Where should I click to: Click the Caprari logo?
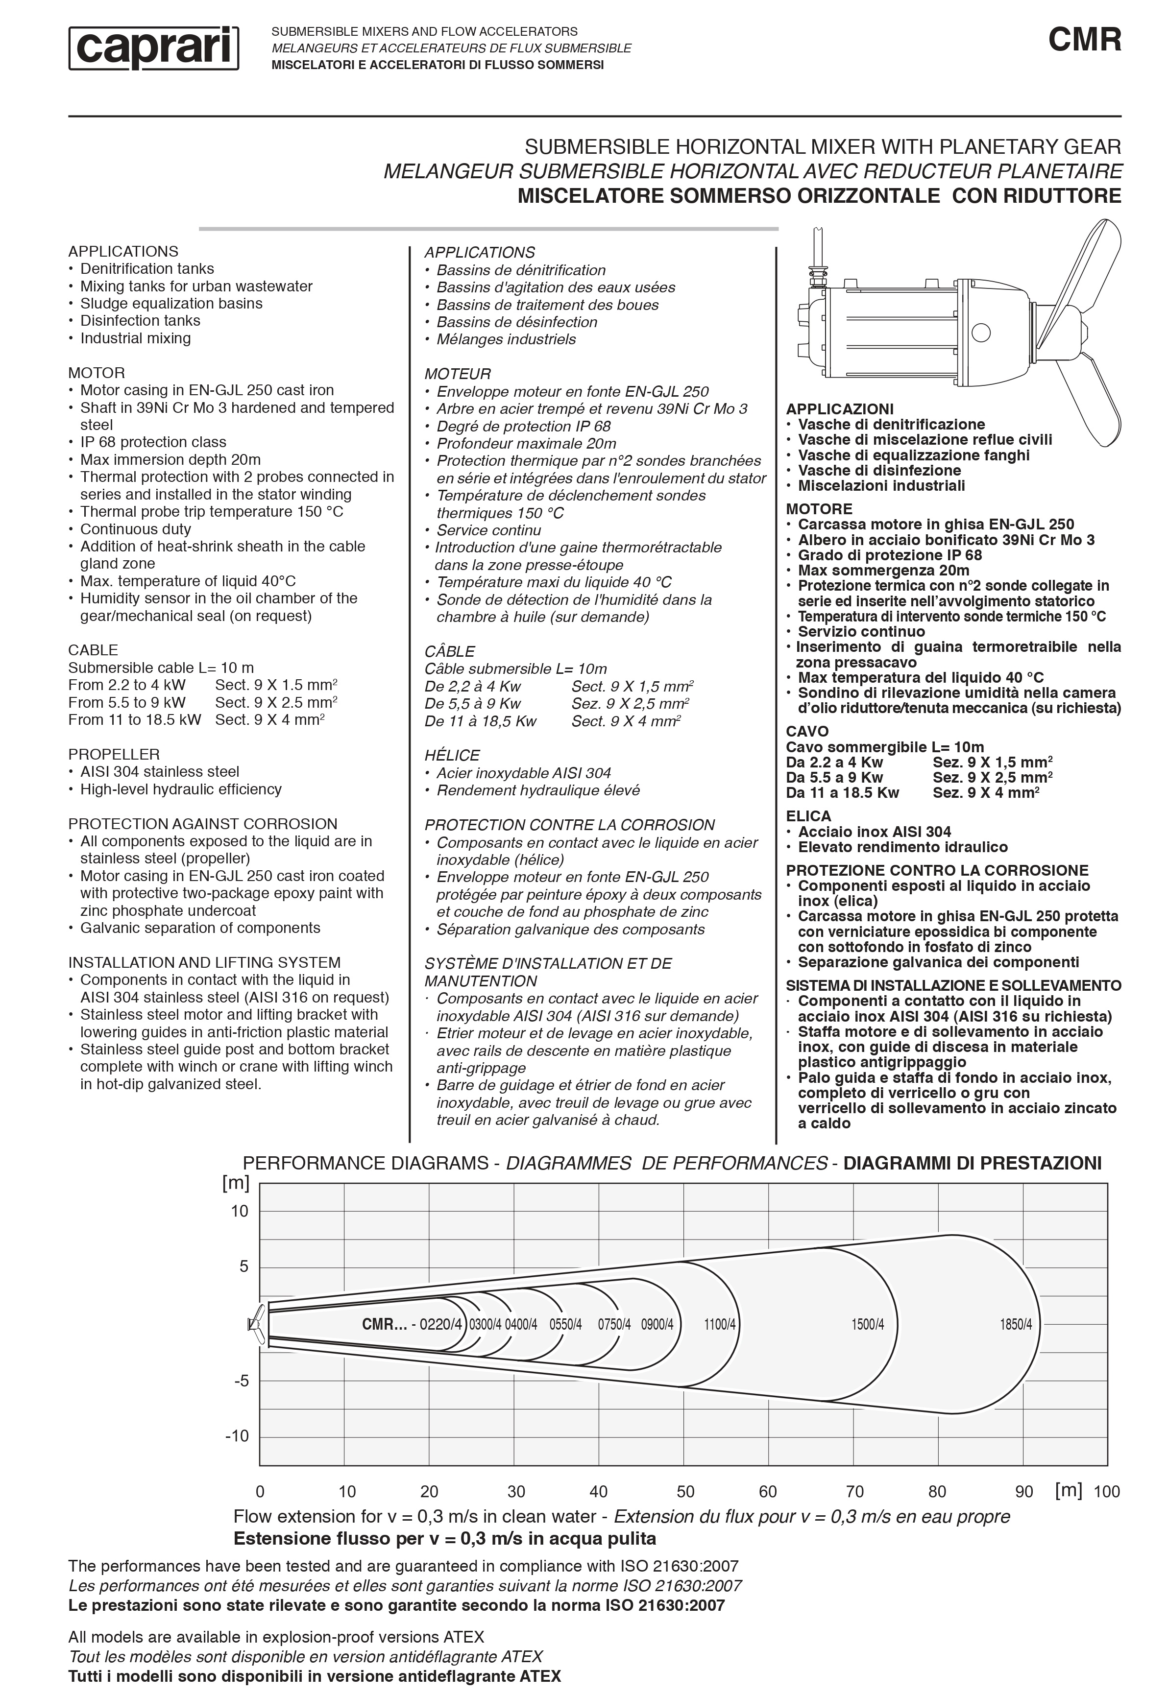pos(154,48)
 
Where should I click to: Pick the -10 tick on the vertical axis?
pos(238,1436)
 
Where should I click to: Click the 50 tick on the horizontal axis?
pos(686,1492)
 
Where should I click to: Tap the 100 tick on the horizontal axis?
pos(1107,1492)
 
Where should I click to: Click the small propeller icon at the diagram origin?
pos(256,1324)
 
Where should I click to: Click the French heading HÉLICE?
pos(452,756)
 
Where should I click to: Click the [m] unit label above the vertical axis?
pos(236,1182)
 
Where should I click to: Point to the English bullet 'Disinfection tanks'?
pos(140,320)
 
